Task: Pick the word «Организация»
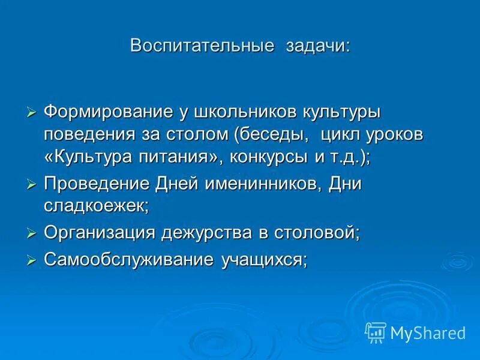tap(98, 233)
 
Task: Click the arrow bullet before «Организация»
tap(32, 233)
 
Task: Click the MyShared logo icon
tap(376, 331)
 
